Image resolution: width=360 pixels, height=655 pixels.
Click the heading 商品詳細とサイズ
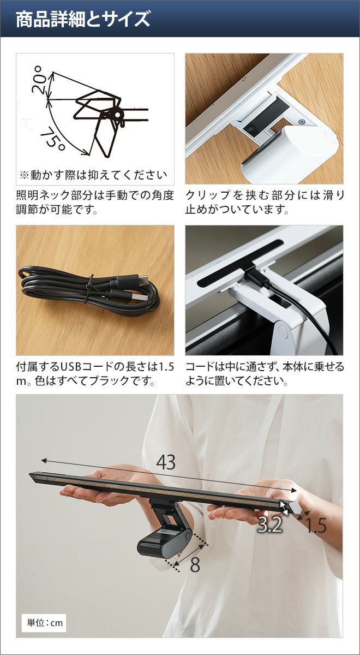tap(83, 19)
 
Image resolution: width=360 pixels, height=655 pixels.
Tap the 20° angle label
tap(39, 79)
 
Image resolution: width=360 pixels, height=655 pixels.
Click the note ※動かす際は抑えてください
tap(93, 175)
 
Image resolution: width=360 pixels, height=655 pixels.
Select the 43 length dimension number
tap(166, 462)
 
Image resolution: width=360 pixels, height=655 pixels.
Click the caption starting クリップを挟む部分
tap(265, 203)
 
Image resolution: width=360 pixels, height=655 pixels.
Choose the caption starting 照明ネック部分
tap(95, 203)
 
